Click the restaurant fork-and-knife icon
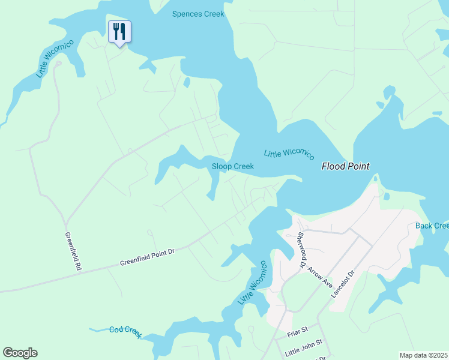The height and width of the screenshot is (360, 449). (119, 31)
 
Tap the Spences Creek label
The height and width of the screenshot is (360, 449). (198, 13)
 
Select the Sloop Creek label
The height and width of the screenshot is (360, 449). (233, 166)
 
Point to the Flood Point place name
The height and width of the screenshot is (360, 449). (345, 166)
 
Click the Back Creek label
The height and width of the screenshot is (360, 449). (432, 226)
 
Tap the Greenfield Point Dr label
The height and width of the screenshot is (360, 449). (146, 258)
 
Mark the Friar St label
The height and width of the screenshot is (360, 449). (297, 329)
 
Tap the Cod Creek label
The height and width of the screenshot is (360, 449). (125, 331)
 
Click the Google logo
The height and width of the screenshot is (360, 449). (20, 353)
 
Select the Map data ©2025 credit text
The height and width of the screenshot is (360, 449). (423, 355)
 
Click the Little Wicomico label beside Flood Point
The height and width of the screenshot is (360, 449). (289, 154)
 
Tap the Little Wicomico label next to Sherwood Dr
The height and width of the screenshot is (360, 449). (252, 283)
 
